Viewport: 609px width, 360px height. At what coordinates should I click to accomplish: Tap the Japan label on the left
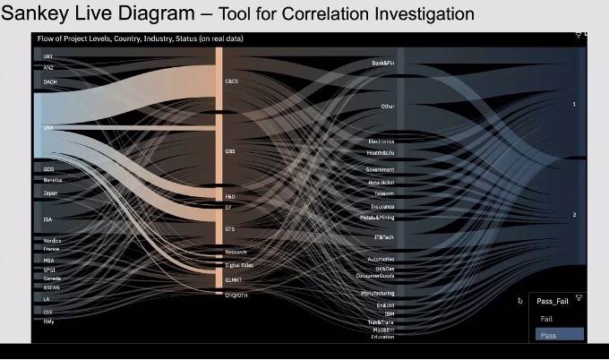point(50,192)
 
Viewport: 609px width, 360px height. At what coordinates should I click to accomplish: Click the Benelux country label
point(52,179)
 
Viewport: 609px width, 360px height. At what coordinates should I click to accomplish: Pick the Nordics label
point(52,241)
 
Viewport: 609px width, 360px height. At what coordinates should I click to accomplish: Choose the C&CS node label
point(232,81)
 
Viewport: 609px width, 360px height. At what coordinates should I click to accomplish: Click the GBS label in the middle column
point(230,151)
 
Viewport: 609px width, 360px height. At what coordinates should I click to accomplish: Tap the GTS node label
point(230,229)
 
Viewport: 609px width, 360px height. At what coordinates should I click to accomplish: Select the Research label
point(236,253)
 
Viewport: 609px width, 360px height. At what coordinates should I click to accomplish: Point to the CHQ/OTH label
point(236,295)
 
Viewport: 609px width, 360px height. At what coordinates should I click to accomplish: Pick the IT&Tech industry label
point(383,237)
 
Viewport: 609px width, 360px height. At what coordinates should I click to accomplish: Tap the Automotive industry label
point(381,259)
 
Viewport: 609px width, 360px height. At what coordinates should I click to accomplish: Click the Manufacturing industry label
point(378,293)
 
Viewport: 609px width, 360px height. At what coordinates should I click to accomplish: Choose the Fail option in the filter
point(546,319)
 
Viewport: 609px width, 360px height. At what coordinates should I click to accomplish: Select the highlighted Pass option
point(547,334)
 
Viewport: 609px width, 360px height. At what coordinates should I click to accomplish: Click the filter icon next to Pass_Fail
point(579,298)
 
